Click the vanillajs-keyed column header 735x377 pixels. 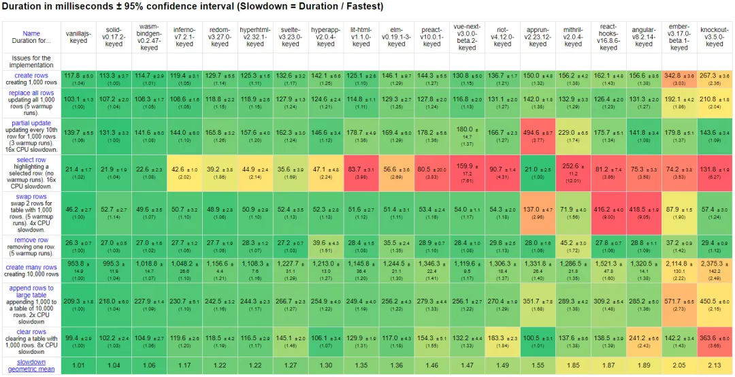[79, 37]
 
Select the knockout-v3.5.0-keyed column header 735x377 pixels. [715, 37]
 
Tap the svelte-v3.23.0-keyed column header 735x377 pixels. [291, 37]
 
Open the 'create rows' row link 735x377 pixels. [31, 75]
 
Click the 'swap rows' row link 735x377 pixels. [31, 196]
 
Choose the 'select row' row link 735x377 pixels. [31, 159]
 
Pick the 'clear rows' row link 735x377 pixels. [31, 332]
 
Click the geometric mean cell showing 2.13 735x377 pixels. [715, 365]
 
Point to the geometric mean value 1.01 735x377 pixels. [79, 365]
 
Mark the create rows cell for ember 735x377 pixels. [679, 78]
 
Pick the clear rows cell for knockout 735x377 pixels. [715, 340]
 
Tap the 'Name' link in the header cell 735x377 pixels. [31, 33]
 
